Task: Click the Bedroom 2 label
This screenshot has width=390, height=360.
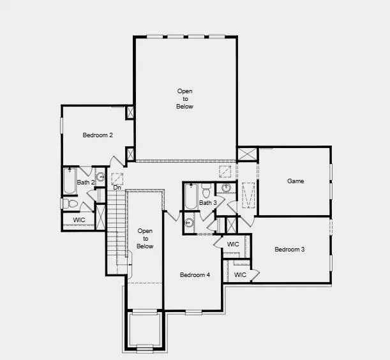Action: coord(98,135)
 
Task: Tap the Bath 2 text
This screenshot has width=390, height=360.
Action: coord(86,183)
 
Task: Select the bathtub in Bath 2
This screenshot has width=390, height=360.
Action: coord(69,181)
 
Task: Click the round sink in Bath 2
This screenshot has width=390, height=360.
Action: coord(101,176)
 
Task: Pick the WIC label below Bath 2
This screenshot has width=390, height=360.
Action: coord(79,220)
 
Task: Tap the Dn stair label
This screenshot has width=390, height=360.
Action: coord(117,188)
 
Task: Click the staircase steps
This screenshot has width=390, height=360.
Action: coord(115,230)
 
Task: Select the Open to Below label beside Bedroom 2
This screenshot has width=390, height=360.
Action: coord(184,99)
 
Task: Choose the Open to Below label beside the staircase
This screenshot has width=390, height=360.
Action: coord(145,238)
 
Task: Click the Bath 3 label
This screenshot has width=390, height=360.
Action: coord(208,203)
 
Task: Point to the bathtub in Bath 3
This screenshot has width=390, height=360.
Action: coord(190,197)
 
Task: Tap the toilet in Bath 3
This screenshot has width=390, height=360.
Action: coord(206,190)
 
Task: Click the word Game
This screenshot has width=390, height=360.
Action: coord(295,181)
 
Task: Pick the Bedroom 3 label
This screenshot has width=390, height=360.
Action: coord(289,249)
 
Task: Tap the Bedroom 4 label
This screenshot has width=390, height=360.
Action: coord(195,275)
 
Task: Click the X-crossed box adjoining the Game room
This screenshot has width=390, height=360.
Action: coord(246,154)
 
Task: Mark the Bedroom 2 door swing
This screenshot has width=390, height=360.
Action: coord(117,162)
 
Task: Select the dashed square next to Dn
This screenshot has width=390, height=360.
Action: coord(117,178)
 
